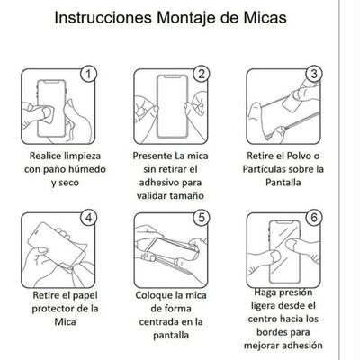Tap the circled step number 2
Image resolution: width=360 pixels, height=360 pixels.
pos(202,74)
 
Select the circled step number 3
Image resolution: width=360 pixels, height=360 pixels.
pos(314,74)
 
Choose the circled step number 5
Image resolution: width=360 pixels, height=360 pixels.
pos(202,217)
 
